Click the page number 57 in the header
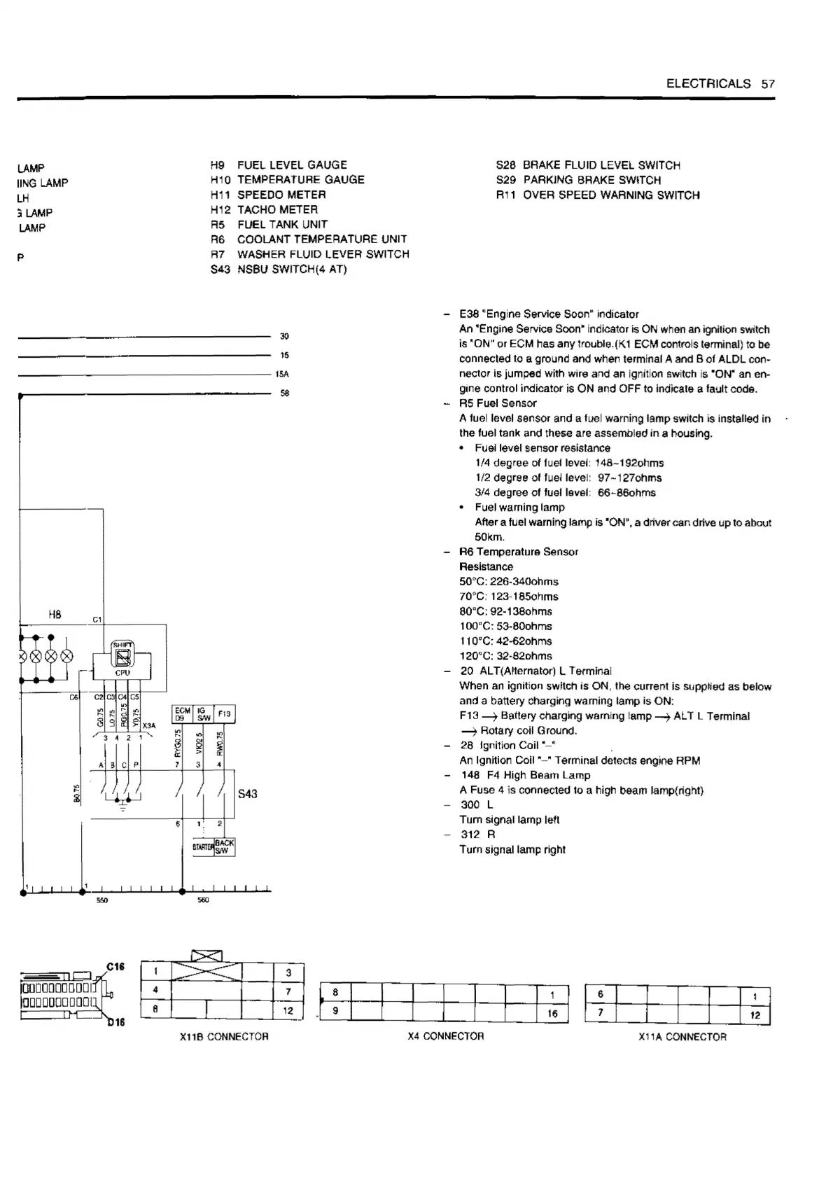(x=768, y=84)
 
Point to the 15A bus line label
(x=282, y=375)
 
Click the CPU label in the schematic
(x=122, y=673)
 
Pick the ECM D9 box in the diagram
(x=183, y=714)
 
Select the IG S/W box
(x=204, y=714)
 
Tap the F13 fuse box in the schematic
(x=225, y=714)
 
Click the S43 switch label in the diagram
(x=248, y=794)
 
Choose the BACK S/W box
(x=225, y=847)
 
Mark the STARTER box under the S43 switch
(x=203, y=848)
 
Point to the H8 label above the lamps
(x=55, y=615)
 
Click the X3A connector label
(x=149, y=726)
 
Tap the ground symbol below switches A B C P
(x=123, y=806)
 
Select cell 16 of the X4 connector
(x=552, y=1013)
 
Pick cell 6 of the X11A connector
(x=601, y=994)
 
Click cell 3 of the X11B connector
(x=288, y=972)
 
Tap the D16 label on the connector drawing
(x=115, y=1023)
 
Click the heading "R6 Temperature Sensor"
(x=519, y=552)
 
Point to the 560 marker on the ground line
(x=203, y=900)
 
